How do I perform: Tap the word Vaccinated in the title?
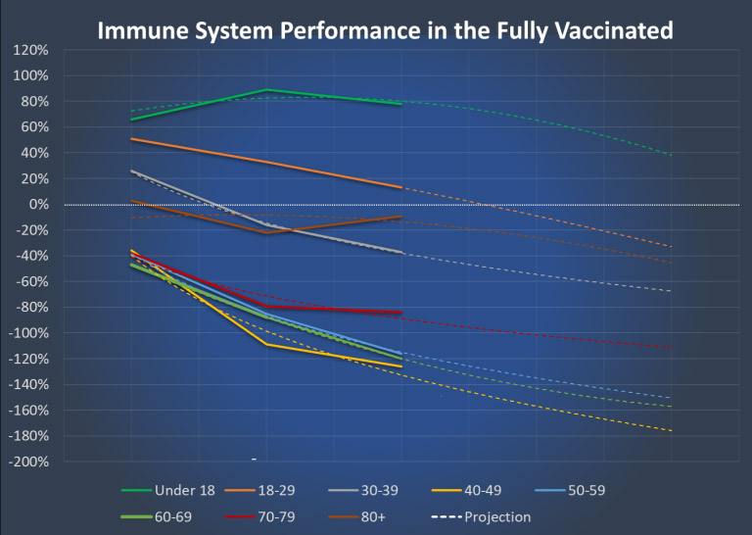pos(610,30)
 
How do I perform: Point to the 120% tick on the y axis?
pos(31,49)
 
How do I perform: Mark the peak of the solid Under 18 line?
pos(266,90)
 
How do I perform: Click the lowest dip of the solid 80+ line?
pos(266,232)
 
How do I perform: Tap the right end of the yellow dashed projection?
pos(672,430)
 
